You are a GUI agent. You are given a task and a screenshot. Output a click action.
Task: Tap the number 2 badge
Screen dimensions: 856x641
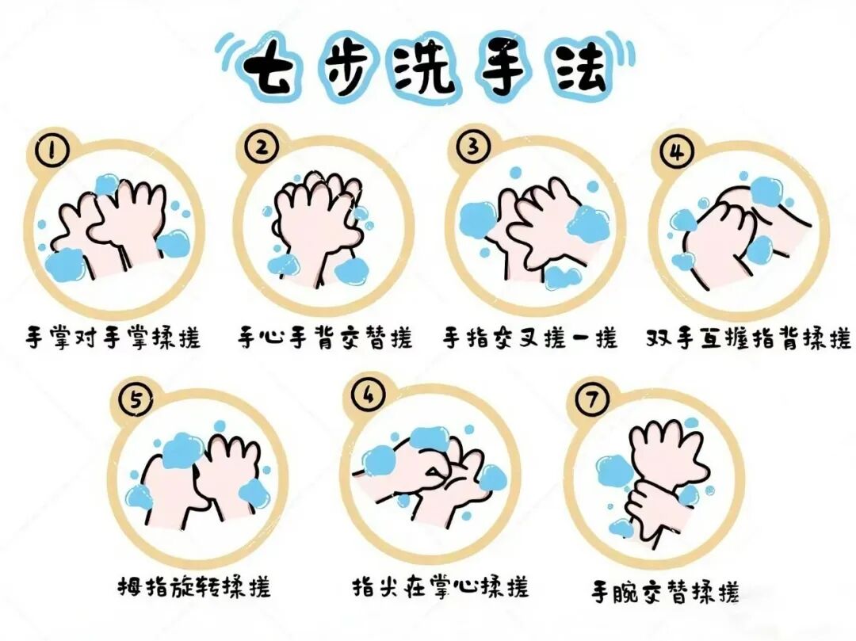[262, 147]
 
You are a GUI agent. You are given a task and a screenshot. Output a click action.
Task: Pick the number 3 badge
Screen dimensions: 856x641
[472, 147]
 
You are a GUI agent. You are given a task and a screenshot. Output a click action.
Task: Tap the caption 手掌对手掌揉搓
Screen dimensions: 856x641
[113, 338]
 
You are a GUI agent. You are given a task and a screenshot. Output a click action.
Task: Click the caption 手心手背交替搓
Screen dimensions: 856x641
[325, 338]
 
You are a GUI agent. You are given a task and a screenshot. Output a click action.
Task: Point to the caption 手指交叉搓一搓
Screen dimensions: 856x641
[530, 338]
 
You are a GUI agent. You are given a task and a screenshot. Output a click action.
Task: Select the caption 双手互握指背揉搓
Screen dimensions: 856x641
[748, 338]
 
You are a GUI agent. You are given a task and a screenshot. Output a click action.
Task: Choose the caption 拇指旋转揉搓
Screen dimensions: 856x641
[195, 586]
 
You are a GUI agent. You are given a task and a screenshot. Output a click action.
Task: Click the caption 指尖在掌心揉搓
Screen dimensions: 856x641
[441, 587]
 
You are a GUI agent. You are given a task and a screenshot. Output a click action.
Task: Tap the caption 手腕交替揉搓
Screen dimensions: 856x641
[666, 591]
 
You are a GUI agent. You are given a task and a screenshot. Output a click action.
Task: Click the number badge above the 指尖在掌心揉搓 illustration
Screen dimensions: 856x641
[369, 395]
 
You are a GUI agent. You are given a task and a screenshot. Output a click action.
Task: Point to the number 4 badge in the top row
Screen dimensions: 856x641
[676, 151]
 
